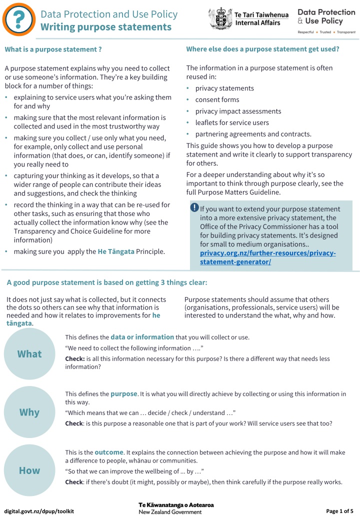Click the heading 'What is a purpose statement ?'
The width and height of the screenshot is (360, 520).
click(53, 49)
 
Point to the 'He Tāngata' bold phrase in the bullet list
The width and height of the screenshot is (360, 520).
click(116, 251)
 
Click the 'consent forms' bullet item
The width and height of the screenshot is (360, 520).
click(217, 99)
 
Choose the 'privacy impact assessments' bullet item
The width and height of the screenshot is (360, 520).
click(238, 111)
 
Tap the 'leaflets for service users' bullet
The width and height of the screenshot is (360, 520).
click(232, 122)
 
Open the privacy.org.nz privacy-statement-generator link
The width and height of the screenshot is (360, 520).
click(264, 257)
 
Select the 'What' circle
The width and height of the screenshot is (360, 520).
click(29, 354)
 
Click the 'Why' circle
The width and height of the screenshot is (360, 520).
click(29, 412)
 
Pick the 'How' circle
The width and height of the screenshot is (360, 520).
click(29, 470)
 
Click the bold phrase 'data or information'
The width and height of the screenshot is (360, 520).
click(142, 337)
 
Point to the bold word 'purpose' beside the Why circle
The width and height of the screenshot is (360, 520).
click(123, 393)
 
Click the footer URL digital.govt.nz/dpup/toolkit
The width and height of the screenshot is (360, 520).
click(39, 511)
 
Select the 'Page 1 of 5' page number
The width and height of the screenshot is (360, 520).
click(339, 511)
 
